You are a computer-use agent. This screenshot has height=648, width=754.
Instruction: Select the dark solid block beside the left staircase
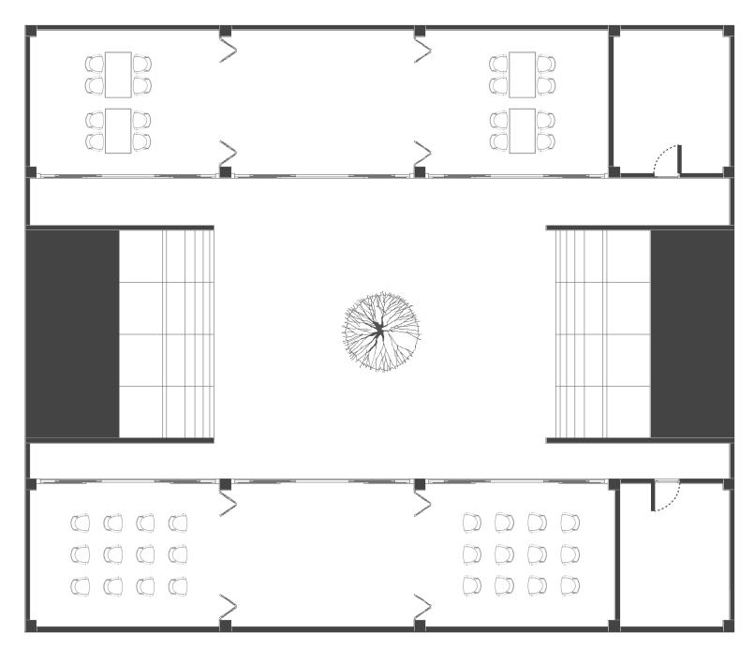click(x=72, y=332)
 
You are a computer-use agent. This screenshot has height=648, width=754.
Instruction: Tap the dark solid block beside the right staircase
click(x=691, y=332)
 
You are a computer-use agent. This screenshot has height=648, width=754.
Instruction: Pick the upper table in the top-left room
click(x=118, y=75)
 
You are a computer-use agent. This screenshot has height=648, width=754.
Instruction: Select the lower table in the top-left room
click(x=118, y=131)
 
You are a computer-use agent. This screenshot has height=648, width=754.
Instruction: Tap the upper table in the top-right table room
click(x=523, y=75)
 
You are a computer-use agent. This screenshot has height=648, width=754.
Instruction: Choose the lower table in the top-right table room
click(x=523, y=131)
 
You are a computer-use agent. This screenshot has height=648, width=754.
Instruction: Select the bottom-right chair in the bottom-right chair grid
click(x=569, y=585)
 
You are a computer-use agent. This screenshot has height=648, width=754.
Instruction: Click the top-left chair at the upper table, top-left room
click(x=95, y=64)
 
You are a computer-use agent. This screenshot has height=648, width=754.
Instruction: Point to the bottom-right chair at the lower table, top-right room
click(x=546, y=141)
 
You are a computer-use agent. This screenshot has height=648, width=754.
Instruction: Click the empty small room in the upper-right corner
click(x=670, y=94)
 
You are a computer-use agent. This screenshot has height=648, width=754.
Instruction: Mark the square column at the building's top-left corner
click(x=31, y=32)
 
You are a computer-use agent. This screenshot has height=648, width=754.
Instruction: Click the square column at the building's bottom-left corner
click(x=31, y=624)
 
